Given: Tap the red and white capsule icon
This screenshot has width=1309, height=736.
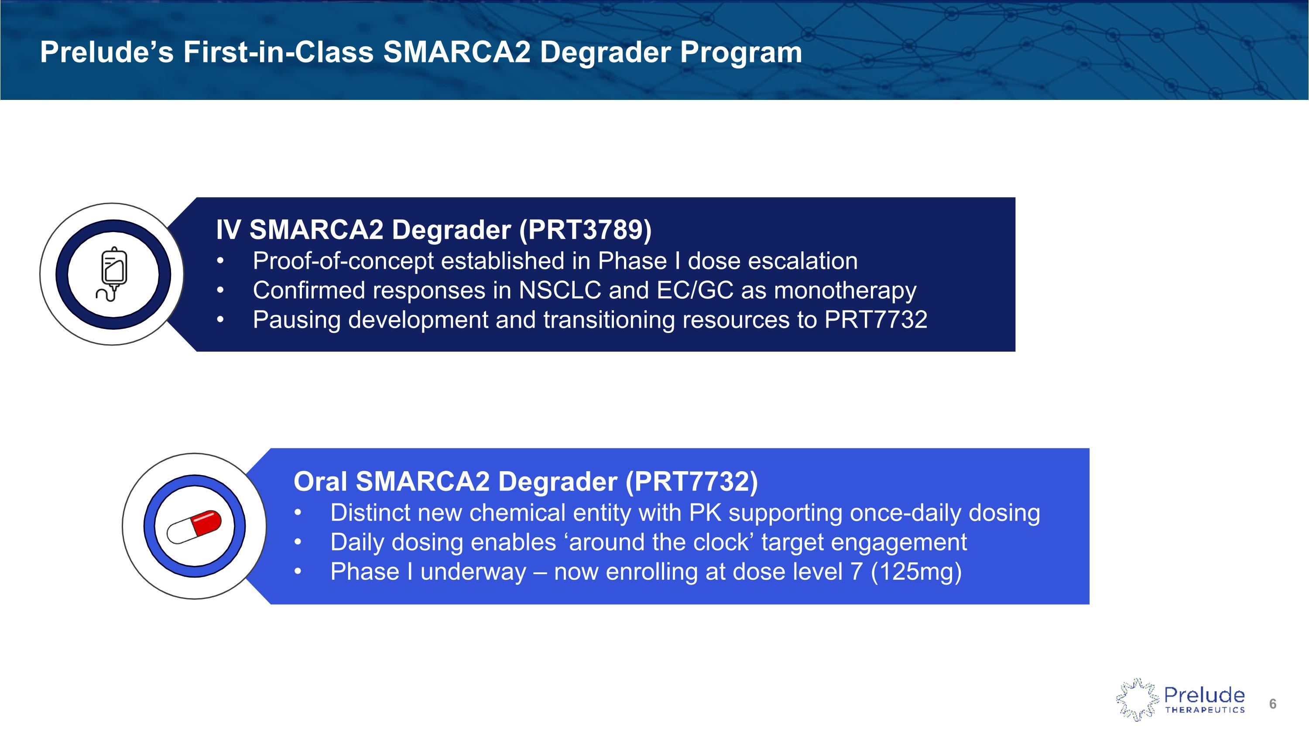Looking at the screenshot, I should pyautogui.click(x=194, y=527).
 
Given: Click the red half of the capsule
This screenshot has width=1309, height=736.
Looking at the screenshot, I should pyautogui.click(x=207, y=522).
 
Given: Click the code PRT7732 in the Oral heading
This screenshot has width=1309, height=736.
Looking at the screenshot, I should pyautogui.click(x=692, y=481).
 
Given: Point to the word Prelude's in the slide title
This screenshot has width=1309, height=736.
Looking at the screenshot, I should pyautogui.click(x=107, y=52).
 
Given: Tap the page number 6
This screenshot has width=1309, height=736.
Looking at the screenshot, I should pyautogui.click(x=1272, y=703).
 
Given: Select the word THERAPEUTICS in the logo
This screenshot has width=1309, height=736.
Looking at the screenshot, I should pyautogui.click(x=1204, y=710).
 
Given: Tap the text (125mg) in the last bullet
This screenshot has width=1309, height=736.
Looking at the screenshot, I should pyautogui.click(x=916, y=572).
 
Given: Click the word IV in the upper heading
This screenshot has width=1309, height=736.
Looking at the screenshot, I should pyautogui.click(x=228, y=229).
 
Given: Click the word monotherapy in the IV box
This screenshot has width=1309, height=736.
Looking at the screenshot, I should pyautogui.click(x=845, y=291).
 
